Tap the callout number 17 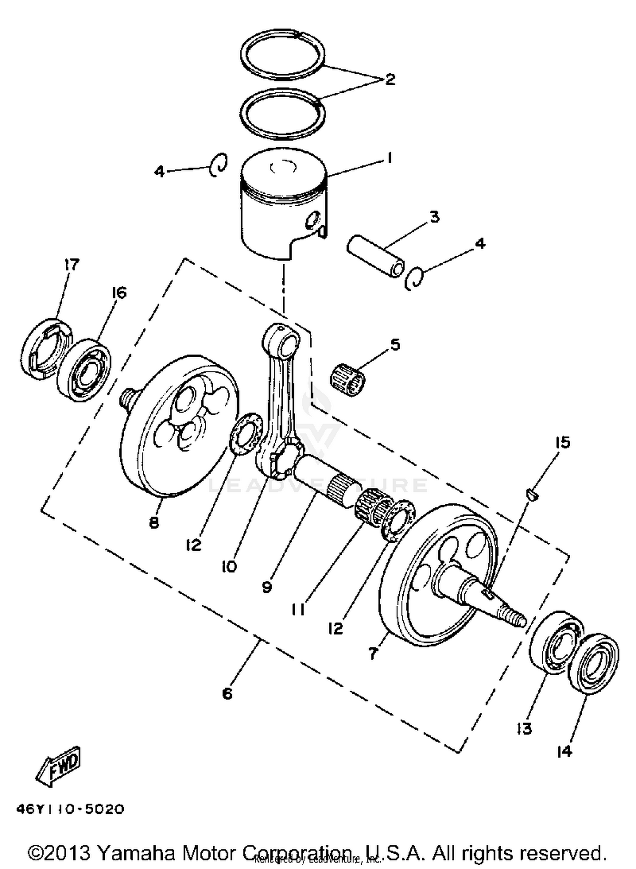click(x=72, y=265)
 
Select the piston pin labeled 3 click(x=374, y=256)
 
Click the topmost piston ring click(x=283, y=55)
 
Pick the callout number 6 click(x=227, y=694)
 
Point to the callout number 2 click(x=389, y=79)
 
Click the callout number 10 click(x=229, y=566)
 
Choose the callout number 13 click(x=524, y=729)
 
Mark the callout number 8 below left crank click(x=154, y=523)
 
